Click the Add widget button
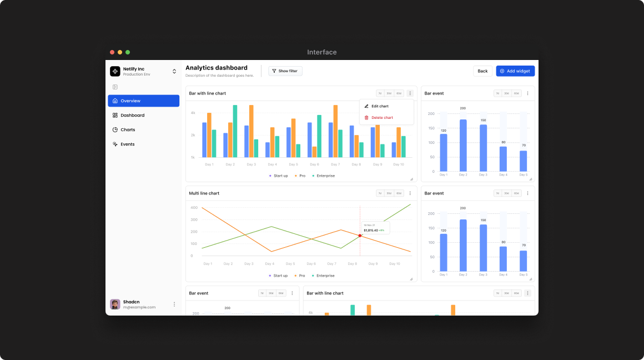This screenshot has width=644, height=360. click(x=515, y=71)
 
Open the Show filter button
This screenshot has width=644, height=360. click(x=285, y=71)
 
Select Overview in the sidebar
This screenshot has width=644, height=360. click(x=143, y=101)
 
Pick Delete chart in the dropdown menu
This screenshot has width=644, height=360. click(x=382, y=118)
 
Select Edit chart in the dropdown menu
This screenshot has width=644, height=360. click(x=380, y=106)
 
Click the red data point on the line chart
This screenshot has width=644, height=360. click(x=360, y=236)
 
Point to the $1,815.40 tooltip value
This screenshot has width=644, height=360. click(x=371, y=230)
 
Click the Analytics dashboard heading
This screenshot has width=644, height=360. click(x=217, y=68)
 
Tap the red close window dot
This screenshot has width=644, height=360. click(x=112, y=52)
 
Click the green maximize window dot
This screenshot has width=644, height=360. click(x=128, y=52)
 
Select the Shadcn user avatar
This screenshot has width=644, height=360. click(x=115, y=304)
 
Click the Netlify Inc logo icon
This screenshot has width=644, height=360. click(x=115, y=71)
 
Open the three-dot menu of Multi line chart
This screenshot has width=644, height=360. click(x=410, y=193)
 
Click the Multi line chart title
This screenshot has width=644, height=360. click(x=204, y=193)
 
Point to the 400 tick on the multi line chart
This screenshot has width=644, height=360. click(x=194, y=208)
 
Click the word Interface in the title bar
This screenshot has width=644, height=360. click(x=322, y=52)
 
